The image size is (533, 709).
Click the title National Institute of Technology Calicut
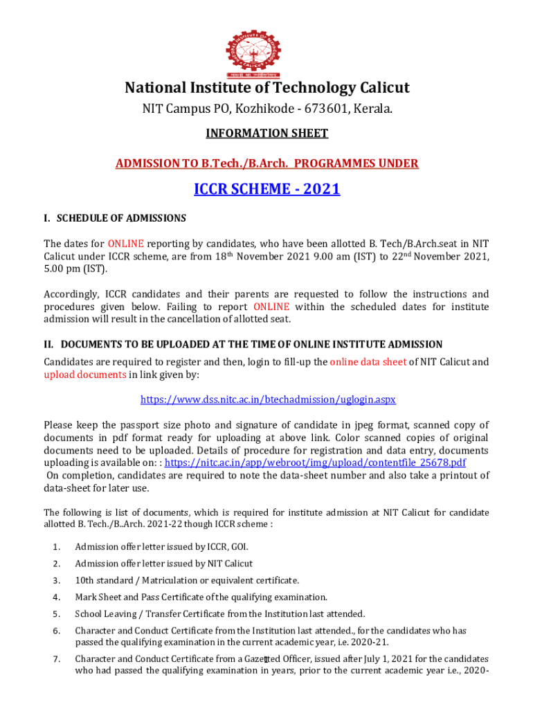pyautogui.click(x=266, y=88)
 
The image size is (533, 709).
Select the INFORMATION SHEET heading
pyautogui.click(x=266, y=133)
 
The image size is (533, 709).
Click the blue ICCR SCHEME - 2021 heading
pyautogui.click(x=266, y=188)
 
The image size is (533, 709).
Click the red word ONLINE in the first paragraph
pyautogui.click(x=125, y=244)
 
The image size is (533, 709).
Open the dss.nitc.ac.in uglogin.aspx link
pyautogui.click(x=268, y=400)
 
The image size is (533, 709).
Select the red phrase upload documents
pyautogui.click(x=84, y=375)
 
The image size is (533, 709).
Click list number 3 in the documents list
pyautogui.click(x=55, y=580)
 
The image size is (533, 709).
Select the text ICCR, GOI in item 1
pyautogui.click(x=227, y=547)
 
